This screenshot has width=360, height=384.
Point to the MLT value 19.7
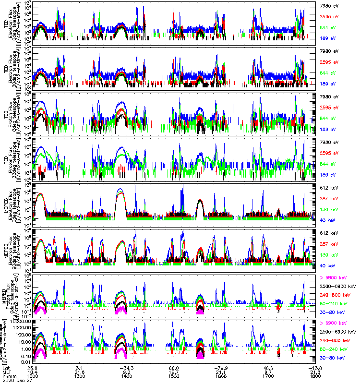pos(174,372)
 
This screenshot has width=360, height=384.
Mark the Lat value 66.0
pos(174,368)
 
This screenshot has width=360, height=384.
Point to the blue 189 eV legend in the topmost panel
pos(328,38)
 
